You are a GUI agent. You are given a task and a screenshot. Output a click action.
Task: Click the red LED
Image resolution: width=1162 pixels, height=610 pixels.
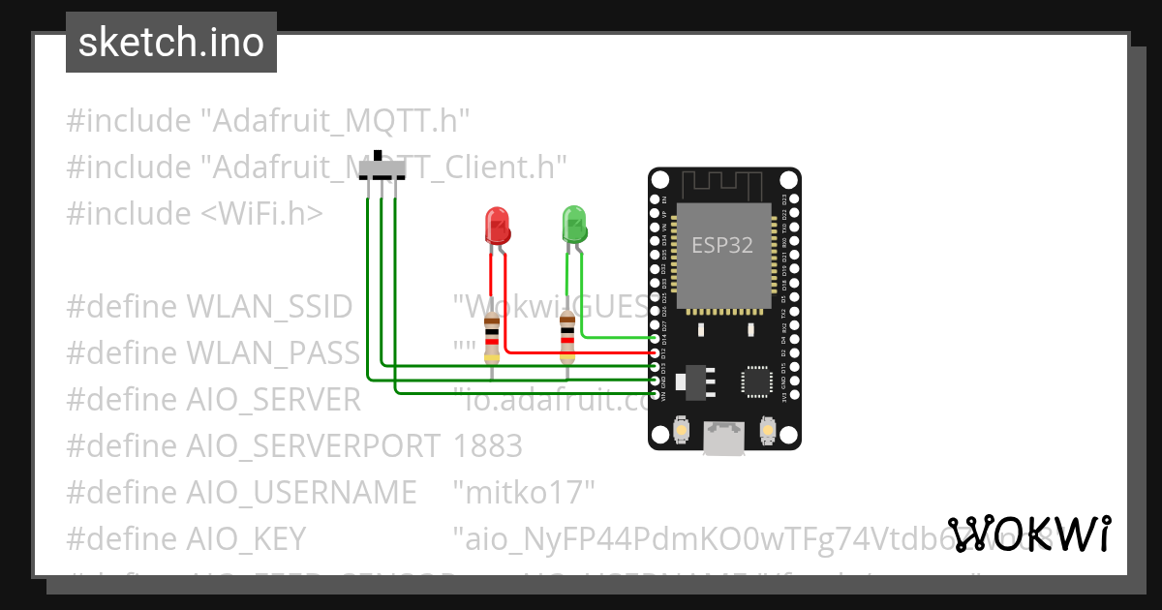497,226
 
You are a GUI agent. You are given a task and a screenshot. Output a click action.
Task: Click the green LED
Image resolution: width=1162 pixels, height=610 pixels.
574,224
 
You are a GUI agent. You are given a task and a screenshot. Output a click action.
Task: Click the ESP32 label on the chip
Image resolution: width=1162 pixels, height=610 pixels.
721,245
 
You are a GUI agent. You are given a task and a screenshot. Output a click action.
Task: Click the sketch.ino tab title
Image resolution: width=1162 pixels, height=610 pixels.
171,43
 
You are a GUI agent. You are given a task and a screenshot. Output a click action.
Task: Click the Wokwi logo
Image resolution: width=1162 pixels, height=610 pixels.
1028,534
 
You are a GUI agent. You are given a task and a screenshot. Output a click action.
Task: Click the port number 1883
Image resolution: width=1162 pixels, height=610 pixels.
487,445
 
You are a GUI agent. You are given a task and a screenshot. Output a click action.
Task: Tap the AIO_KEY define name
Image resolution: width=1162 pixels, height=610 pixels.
245,538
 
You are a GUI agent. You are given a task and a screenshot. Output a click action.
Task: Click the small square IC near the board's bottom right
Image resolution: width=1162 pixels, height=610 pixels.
757,381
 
